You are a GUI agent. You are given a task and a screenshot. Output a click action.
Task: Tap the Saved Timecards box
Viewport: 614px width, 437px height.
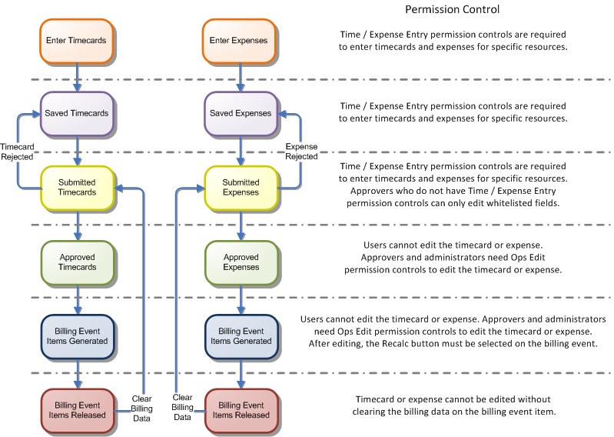77,112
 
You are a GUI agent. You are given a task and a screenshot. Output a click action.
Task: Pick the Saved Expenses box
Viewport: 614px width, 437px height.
241,112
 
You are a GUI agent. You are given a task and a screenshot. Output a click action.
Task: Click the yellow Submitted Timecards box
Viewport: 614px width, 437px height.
77,187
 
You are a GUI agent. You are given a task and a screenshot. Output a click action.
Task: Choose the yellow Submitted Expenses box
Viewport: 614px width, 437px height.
241,187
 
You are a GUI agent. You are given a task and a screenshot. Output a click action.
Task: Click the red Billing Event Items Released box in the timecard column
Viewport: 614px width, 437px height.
77,410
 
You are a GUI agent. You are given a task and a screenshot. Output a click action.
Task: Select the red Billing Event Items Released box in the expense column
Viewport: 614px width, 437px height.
241,410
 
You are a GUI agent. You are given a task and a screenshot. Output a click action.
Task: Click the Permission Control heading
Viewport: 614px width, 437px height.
452,10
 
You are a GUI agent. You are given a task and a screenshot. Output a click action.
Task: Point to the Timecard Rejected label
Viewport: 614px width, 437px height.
16,151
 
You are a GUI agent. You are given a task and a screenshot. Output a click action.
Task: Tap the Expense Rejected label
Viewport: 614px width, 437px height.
301,151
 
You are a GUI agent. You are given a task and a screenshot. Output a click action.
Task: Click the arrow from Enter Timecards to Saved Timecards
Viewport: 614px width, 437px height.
77,77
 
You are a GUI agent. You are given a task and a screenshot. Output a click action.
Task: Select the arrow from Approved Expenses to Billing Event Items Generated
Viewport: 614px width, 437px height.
241,298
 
